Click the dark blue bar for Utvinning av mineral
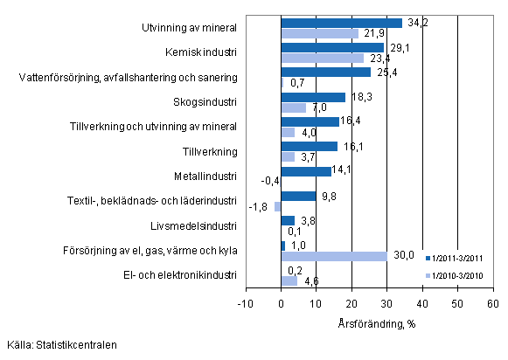(x=341, y=23)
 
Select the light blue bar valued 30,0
(x=334, y=256)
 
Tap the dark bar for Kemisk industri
(x=332, y=47)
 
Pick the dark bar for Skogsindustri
(x=313, y=97)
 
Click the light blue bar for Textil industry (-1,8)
(x=278, y=206)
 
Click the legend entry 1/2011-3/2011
(x=455, y=259)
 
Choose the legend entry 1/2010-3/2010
(x=455, y=275)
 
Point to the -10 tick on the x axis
(x=246, y=303)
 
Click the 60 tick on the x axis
(x=492, y=303)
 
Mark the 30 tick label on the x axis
(x=386, y=303)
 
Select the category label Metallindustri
(x=207, y=176)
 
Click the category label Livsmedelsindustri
(x=198, y=226)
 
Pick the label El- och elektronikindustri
(x=180, y=276)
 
